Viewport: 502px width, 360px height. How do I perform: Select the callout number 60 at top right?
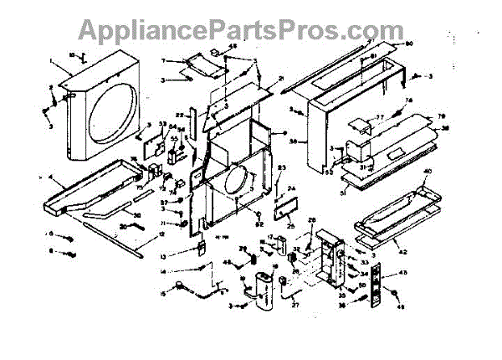(x=409, y=43)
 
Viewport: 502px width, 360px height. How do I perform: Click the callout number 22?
(x=179, y=114)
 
